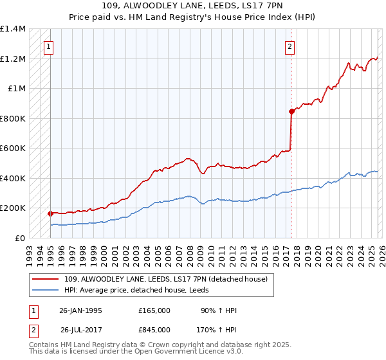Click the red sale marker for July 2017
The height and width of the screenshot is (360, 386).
coord(291,111)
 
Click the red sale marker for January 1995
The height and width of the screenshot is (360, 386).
coord(50,213)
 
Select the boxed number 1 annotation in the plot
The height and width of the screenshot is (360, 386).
coord(49,46)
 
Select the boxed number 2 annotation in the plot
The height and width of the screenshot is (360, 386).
coord(290,46)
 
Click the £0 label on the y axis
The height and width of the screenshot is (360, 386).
coord(19,238)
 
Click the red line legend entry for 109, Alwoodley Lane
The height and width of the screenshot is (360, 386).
coord(161,278)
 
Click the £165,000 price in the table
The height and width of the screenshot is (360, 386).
coord(154,310)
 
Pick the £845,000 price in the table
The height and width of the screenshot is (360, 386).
coord(154,330)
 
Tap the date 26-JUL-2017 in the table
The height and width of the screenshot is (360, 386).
coord(80,330)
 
